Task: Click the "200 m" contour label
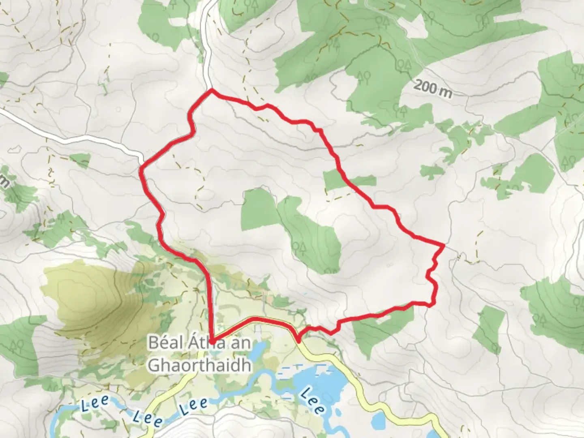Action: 433,89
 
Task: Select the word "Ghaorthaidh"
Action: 199,365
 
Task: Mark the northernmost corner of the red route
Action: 211,91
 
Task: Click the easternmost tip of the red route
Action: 444,245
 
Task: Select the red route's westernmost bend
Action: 141,170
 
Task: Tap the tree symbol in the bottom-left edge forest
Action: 18,345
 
